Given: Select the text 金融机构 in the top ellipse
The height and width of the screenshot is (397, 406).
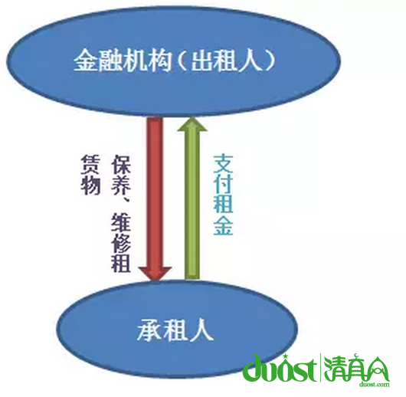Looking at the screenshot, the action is (123, 61).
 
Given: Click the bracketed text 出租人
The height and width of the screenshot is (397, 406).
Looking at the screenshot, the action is (226, 61).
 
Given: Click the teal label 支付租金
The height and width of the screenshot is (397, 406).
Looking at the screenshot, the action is (223, 195).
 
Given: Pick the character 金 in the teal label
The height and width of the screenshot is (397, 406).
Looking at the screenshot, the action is (223, 225).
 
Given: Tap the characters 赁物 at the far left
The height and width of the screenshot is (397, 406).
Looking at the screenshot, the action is (90, 175).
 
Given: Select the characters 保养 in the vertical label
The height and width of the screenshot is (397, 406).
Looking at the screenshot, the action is (121, 176).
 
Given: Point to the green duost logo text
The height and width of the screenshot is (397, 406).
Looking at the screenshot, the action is (280, 369).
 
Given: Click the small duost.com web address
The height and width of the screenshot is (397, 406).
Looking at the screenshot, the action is (374, 385).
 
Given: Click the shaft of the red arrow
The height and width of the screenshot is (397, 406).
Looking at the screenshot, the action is (155, 192).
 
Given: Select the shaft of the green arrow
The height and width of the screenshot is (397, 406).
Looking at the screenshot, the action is (192, 205).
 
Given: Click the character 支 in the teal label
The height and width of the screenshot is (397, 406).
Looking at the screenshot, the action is (223, 165).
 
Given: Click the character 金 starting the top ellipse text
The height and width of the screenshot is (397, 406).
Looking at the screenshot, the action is (85, 61).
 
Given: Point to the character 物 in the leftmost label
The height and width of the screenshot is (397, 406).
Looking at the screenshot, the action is (90, 185).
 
